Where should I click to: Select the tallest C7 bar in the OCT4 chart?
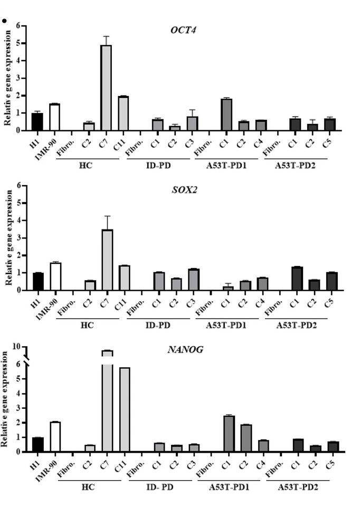(x=106, y=87)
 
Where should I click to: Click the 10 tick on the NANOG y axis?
(x=16, y=347)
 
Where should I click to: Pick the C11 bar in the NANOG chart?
(x=125, y=409)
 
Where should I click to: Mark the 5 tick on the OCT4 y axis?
(x=18, y=43)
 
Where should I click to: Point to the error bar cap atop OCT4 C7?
(x=106, y=36)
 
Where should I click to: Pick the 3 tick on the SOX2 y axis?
(x=18, y=237)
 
